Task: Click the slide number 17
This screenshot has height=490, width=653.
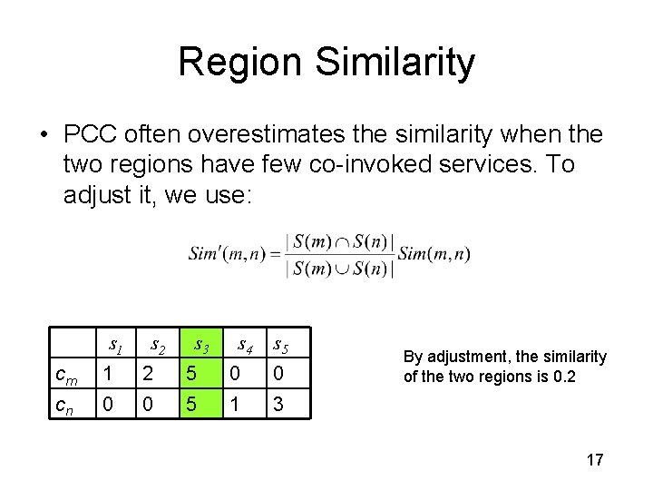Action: [x=594, y=460]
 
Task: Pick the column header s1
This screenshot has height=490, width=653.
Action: [x=116, y=345]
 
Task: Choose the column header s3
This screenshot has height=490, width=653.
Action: [x=202, y=345]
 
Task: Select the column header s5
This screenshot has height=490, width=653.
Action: [x=281, y=345]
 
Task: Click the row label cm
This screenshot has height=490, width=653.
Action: [x=65, y=374]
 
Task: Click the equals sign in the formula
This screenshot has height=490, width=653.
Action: [x=273, y=255]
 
